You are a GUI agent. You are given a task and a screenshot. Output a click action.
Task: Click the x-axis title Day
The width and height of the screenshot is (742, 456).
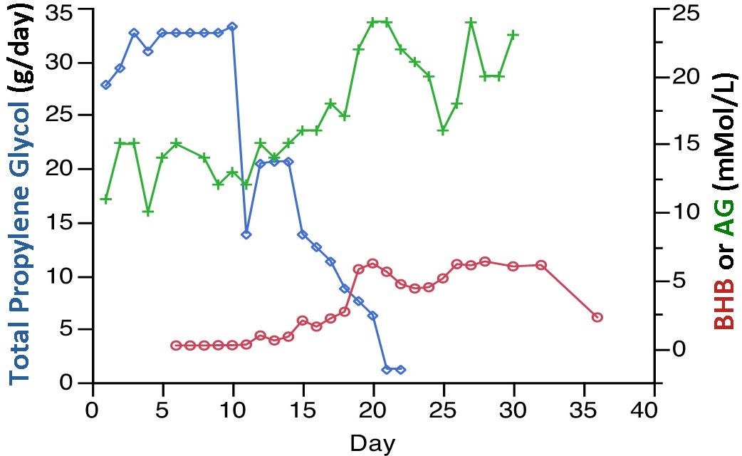(372, 443)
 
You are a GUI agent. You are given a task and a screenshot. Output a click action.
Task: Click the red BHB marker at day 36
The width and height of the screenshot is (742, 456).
(597, 317)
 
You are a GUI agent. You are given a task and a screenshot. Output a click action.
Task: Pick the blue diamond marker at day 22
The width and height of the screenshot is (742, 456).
(401, 370)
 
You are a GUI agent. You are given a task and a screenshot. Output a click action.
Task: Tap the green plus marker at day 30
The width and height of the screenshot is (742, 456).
(513, 34)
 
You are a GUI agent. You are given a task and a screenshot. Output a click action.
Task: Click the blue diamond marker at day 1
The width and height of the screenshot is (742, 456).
(106, 85)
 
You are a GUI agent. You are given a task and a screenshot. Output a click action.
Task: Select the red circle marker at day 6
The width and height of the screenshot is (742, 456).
(176, 346)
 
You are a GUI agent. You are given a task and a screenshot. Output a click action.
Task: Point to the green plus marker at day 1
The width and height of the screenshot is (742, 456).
(106, 199)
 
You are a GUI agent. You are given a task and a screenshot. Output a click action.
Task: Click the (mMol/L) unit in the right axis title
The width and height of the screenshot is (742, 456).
(724, 131)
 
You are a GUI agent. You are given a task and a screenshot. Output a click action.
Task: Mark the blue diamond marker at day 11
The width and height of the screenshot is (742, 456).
(246, 234)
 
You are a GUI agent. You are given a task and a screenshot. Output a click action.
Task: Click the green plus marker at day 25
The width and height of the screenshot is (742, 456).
(443, 130)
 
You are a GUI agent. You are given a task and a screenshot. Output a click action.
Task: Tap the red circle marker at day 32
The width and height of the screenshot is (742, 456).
(540, 265)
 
